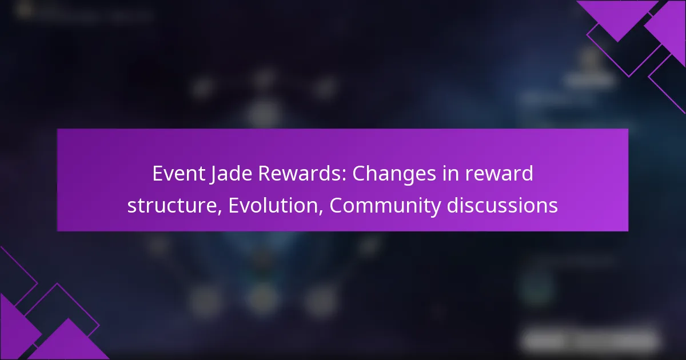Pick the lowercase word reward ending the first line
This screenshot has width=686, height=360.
(x=502, y=174)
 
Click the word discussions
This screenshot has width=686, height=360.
(x=502, y=205)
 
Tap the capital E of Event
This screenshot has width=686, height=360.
(x=157, y=174)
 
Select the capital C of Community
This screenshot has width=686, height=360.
(x=337, y=205)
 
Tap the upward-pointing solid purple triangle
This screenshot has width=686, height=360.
(x=69, y=343)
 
